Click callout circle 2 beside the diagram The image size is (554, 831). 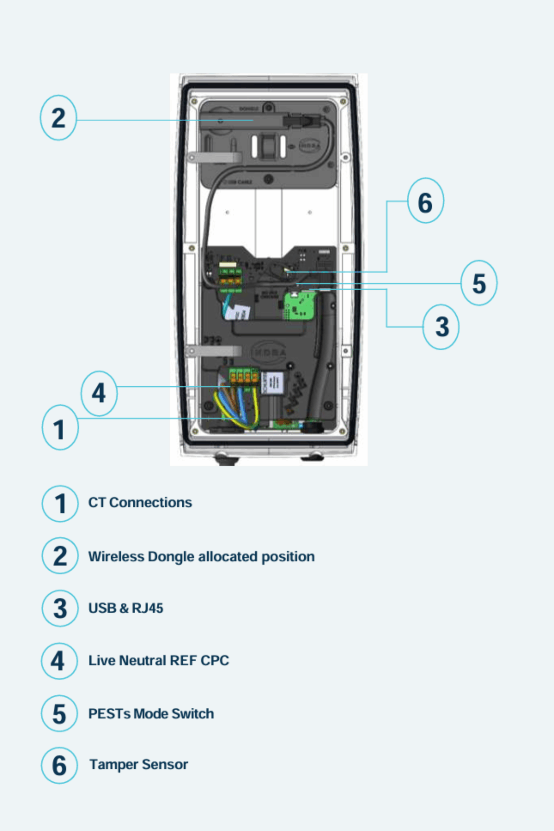[58, 118]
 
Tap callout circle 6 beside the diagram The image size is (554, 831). [425, 201]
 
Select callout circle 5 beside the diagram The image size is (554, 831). [479, 283]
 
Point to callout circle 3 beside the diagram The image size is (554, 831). [441, 327]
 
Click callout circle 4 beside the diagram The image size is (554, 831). [99, 393]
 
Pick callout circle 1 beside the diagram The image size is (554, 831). [60, 428]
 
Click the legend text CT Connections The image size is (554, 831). [140, 502]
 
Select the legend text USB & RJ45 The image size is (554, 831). [126, 608]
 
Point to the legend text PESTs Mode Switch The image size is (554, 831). [151, 713]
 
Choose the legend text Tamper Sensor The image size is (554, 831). [139, 764]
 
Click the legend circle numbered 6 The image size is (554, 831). [59, 765]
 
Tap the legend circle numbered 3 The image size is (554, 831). [60, 608]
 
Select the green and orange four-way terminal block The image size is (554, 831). [244, 377]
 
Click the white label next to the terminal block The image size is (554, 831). [273, 383]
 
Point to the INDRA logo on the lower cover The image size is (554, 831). [268, 352]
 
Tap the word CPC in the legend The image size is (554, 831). [215, 660]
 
